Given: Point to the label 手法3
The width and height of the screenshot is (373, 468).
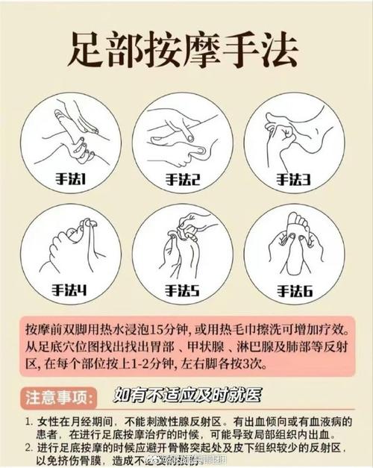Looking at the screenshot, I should [295, 179].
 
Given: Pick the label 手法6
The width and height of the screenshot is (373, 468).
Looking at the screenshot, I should [295, 290].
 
